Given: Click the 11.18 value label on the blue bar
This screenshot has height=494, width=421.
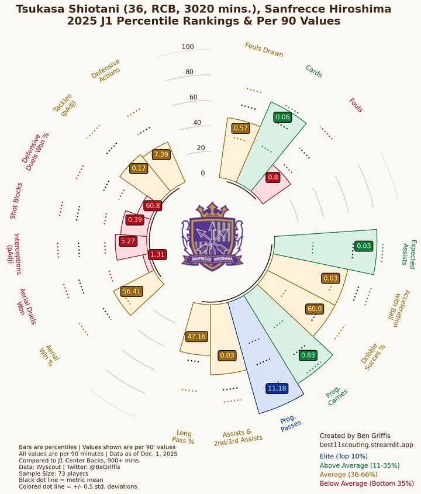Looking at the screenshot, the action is coord(276,388).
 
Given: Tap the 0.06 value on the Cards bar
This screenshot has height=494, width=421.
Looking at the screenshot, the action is coord(282,118).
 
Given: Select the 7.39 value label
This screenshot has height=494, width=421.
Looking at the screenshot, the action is coord(161,154).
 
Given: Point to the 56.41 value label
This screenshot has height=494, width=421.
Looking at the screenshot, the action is coord(132,291).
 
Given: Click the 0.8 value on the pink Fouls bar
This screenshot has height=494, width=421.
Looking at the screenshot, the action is coord(272,177).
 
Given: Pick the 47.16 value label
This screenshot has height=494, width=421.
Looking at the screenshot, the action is coord(196,336).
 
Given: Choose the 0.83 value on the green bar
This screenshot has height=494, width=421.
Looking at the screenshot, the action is coord(308,355).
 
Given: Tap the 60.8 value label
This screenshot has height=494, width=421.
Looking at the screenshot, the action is coord(153,206).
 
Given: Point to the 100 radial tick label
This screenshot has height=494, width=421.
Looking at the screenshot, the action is coord(188,47).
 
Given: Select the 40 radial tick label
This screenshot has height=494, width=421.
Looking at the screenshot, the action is coord(201,123).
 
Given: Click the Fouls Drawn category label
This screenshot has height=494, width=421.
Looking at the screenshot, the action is coord(264,50).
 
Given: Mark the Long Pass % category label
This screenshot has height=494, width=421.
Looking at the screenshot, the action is coord(183,437).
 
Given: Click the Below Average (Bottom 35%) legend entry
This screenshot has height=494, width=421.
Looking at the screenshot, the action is coord(367,483).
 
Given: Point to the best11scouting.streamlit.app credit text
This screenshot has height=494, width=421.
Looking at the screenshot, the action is coord(366,445).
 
